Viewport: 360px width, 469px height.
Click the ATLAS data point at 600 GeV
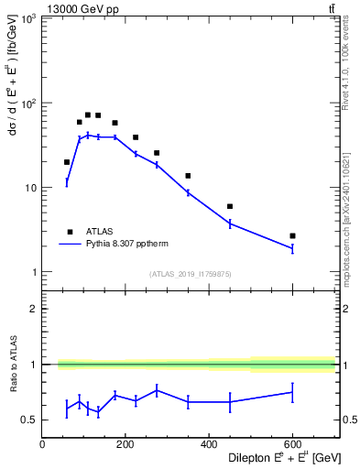click(x=292, y=235)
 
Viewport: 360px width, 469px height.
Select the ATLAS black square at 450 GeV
click(x=230, y=206)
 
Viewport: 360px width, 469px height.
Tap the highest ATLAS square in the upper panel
click(x=88, y=115)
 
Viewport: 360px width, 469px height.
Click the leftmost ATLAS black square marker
click(x=67, y=162)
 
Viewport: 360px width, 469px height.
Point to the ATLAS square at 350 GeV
click(x=188, y=176)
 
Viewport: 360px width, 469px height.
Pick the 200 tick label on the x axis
click(x=125, y=444)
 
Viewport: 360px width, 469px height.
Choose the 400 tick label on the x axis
click(x=209, y=444)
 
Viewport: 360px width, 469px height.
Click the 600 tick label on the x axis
click(x=292, y=444)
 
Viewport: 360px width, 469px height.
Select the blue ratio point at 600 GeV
click(x=292, y=392)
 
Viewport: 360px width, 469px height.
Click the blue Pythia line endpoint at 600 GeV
click(x=292, y=247)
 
